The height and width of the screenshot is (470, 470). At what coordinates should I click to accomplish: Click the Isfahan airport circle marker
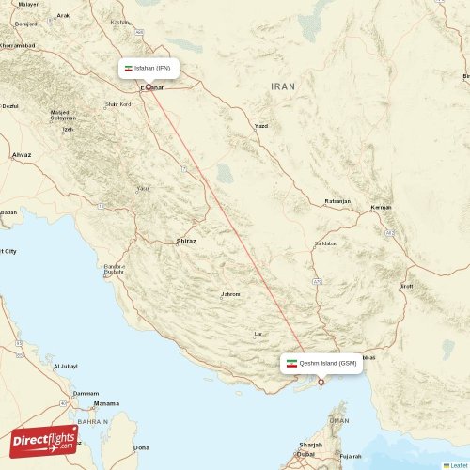pyautogui.click(x=148, y=86)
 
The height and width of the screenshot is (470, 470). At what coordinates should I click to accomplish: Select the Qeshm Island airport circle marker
pyautogui.click(x=321, y=382)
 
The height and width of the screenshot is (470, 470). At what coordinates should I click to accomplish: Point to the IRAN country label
pyautogui.click(x=282, y=86)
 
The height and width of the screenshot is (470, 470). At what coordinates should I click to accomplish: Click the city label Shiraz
pyautogui.click(x=186, y=242)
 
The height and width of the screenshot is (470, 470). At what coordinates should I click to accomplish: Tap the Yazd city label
pyautogui.click(x=262, y=126)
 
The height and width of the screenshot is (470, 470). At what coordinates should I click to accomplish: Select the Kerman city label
pyautogui.click(x=381, y=207)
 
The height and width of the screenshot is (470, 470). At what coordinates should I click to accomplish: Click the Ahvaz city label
pyautogui.click(x=22, y=153)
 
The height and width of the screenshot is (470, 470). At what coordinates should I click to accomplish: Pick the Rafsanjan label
pyautogui.click(x=337, y=201)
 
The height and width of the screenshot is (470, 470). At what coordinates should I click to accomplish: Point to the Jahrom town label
pyautogui.click(x=230, y=294)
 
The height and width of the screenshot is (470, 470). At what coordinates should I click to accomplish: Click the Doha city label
pyautogui.click(x=141, y=447)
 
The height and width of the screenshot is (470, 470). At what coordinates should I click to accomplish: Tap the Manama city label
pyautogui.click(x=106, y=403)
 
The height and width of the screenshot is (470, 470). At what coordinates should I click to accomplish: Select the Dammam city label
pyautogui.click(x=86, y=393)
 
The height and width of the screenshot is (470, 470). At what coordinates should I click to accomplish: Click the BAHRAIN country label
pyautogui.click(x=92, y=422)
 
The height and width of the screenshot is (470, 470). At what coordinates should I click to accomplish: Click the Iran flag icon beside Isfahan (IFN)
pyautogui.click(x=130, y=69)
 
